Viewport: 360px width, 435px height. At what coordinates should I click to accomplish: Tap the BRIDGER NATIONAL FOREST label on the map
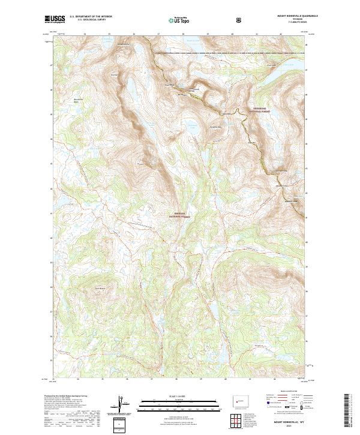180,215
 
